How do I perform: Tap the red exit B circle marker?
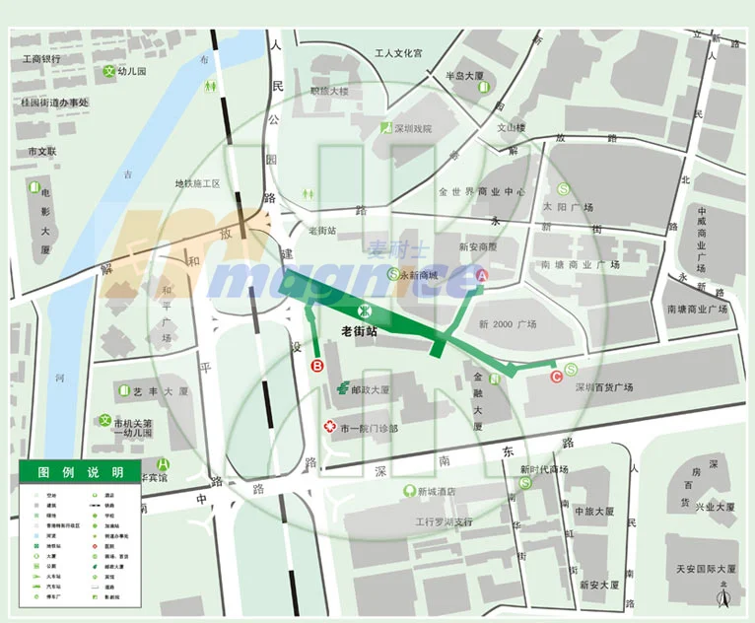click(317, 366)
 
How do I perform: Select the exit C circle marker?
click(556, 375)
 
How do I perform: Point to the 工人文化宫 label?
click(391, 53)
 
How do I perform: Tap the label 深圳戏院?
click(413, 128)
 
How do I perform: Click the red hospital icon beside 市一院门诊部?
click(330, 427)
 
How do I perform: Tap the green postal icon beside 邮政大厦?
click(341, 389)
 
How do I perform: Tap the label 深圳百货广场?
click(604, 387)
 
